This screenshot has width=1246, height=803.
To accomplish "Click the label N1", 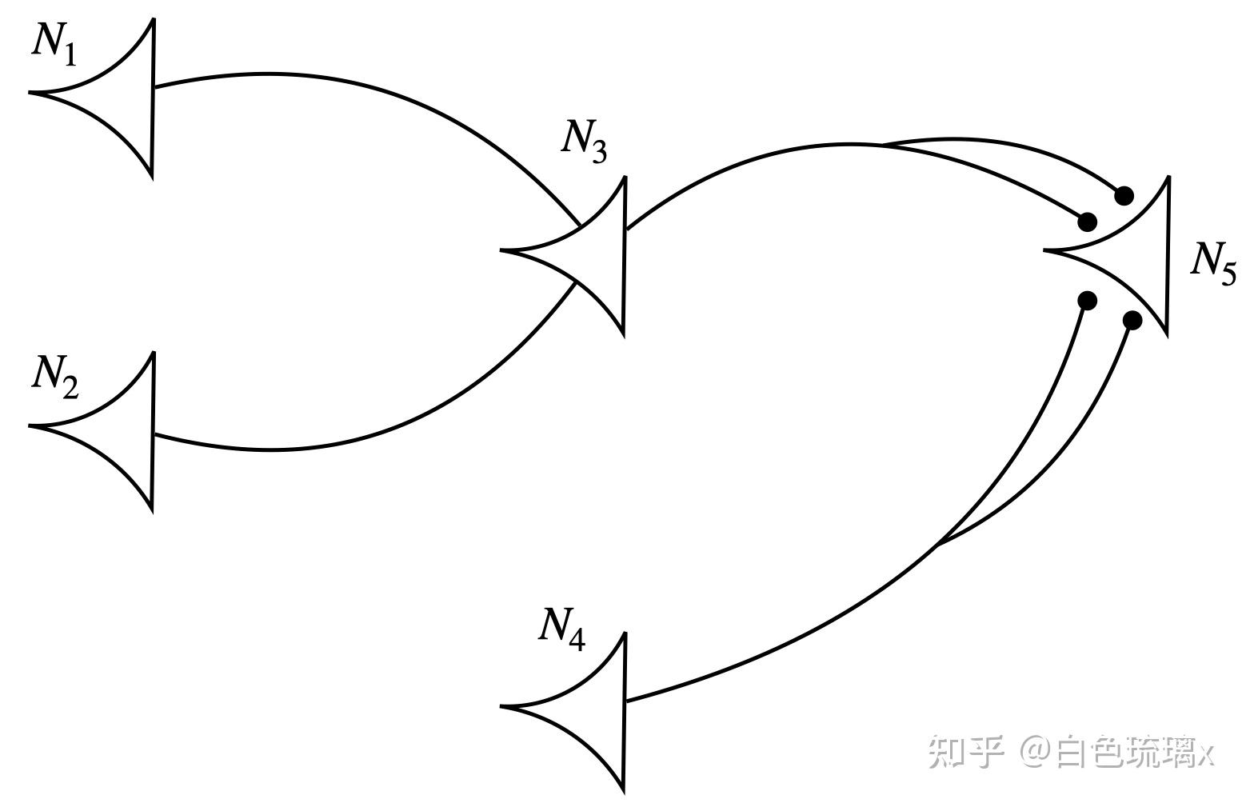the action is pyautogui.click(x=54, y=42).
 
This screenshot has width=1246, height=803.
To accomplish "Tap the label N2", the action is pyautogui.click(x=54, y=376).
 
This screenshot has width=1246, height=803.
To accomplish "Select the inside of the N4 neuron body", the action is pyautogui.click(x=592, y=708).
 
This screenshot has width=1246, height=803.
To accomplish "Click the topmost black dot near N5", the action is pyautogui.click(x=1124, y=195).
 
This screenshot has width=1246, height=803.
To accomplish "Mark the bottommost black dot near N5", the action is pyautogui.click(x=1132, y=321).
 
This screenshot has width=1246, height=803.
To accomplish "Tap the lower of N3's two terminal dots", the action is pyautogui.click(x=1087, y=222).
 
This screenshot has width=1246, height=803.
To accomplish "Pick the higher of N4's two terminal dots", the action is pyautogui.click(x=1087, y=300).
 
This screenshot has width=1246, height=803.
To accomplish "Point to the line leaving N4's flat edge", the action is pyautogui.click(x=760, y=652).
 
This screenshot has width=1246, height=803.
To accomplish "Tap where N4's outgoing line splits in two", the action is pyautogui.click(x=937, y=546).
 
